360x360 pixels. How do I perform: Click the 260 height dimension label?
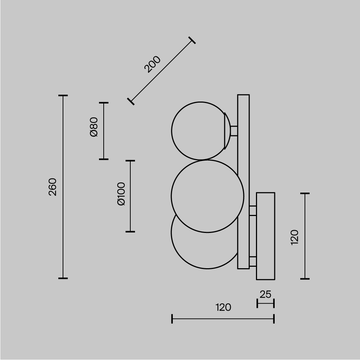(53, 187)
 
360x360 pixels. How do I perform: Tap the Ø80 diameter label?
(94, 127)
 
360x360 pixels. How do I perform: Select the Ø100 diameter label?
(121, 194)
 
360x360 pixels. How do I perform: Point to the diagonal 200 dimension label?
(152, 64)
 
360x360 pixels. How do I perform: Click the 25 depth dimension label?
(265, 294)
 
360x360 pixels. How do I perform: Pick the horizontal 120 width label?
(223, 307)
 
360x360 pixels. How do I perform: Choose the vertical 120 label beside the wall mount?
(294, 237)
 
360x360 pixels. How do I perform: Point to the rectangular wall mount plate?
(265, 236)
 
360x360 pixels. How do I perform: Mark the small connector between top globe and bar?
(234, 131)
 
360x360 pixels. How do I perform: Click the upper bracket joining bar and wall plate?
(253, 211)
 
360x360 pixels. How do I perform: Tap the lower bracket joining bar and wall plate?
(253, 261)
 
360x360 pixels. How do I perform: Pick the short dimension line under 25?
(265, 303)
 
